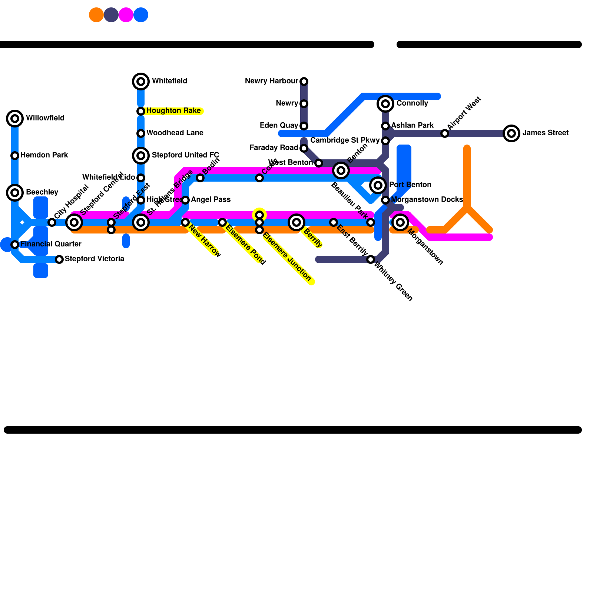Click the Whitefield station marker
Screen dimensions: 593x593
(141, 82)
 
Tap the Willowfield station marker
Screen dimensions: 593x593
(15, 119)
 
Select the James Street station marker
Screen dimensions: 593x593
(511, 133)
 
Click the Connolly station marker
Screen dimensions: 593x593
(385, 104)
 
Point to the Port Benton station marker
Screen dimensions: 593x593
(378, 185)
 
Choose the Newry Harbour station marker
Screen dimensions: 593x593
(304, 82)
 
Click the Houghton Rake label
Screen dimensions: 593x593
(173, 111)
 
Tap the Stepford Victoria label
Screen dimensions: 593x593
(95, 259)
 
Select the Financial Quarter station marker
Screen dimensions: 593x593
(15, 245)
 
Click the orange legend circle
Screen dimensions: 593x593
(96, 15)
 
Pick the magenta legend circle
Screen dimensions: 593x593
(126, 15)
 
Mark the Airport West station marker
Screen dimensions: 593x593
(445, 133)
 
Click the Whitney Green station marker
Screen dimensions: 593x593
(371, 259)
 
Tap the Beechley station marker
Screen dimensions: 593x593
(15, 193)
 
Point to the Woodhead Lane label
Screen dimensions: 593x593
(175, 133)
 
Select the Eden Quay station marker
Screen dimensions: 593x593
(304, 126)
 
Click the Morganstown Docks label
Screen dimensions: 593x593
(427, 200)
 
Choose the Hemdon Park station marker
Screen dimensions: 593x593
(15, 156)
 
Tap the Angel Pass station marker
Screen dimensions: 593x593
(185, 200)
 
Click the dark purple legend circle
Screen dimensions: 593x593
(111, 15)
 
